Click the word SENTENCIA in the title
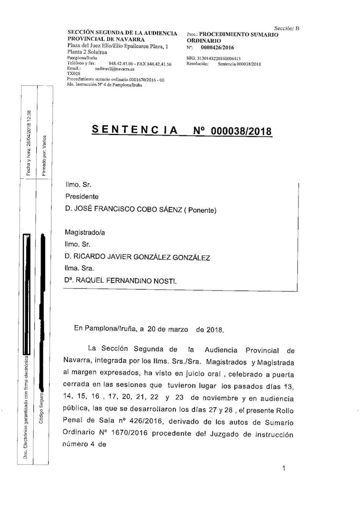tap(135, 130)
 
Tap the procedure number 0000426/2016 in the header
tap(217, 48)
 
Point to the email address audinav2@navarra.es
tap(115, 69)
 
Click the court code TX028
tap(74, 74)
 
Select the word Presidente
tap(82, 197)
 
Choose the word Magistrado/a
tap(85, 232)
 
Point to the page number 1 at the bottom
tap(284, 455)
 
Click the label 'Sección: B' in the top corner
tap(286, 28)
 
